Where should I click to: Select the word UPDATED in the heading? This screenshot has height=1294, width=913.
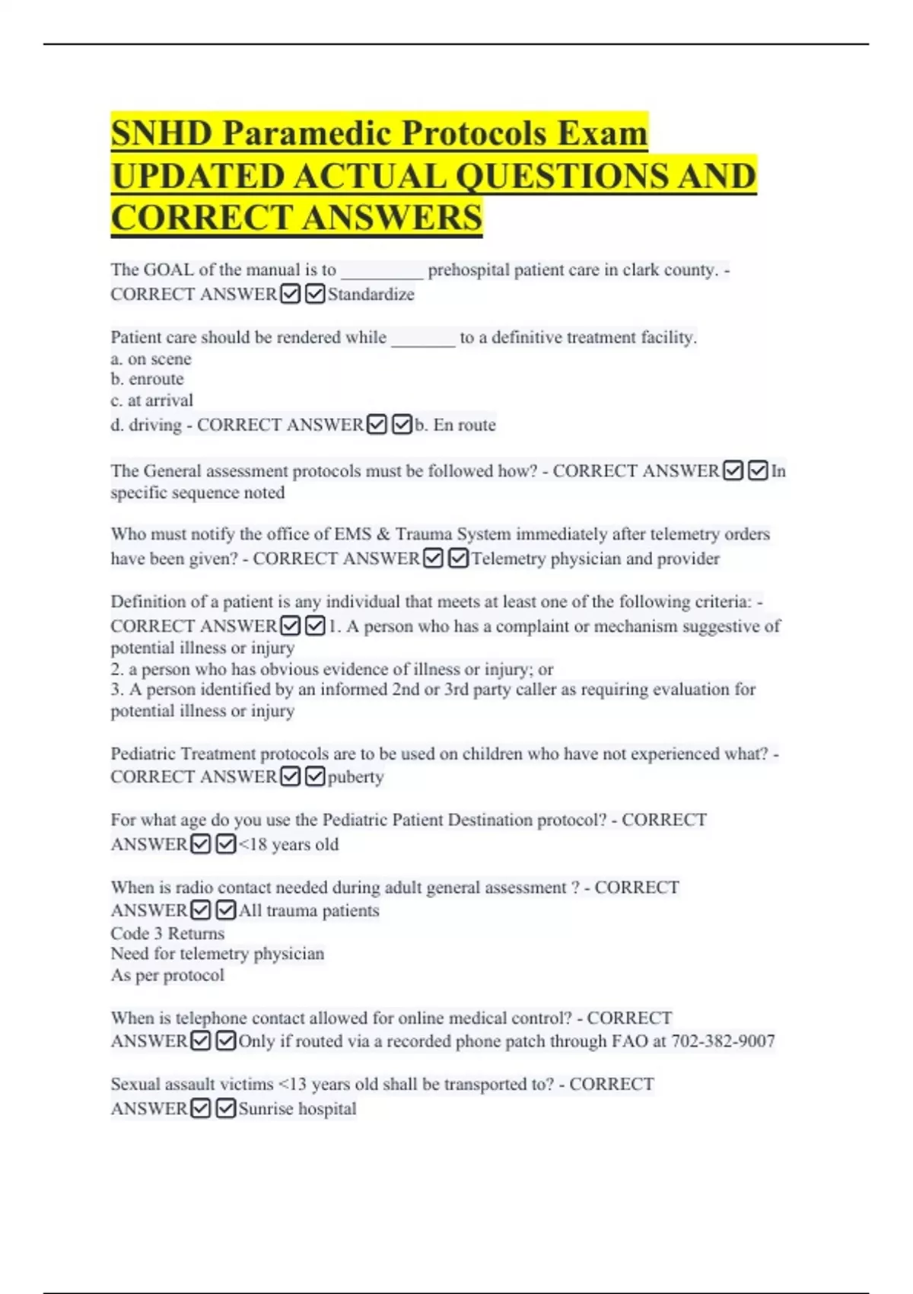[x=197, y=177]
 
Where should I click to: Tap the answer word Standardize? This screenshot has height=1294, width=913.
[x=371, y=295]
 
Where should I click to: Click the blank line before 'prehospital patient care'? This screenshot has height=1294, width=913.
[x=382, y=271]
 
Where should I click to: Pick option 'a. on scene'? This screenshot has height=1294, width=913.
[x=151, y=359]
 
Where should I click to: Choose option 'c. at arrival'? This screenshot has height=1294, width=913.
[x=151, y=400]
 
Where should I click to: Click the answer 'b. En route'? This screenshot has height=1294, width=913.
[x=456, y=425]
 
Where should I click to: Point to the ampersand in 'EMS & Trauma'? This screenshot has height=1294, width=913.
[x=383, y=534]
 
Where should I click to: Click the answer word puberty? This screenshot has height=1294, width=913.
[x=355, y=777]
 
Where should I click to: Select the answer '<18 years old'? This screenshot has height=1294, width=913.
[x=289, y=844]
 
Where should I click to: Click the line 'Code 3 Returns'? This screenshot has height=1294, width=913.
[x=167, y=933]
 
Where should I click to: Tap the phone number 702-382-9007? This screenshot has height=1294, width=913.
[x=723, y=1041]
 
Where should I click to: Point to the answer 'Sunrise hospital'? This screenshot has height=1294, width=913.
[x=297, y=1109]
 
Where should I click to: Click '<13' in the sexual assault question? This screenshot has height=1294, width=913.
[x=292, y=1085]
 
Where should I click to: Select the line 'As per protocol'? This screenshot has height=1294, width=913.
[x=167, y=975]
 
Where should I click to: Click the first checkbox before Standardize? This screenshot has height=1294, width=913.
[x=290, y=294]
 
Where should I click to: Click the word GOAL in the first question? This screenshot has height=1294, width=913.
[x=169, y=270]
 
